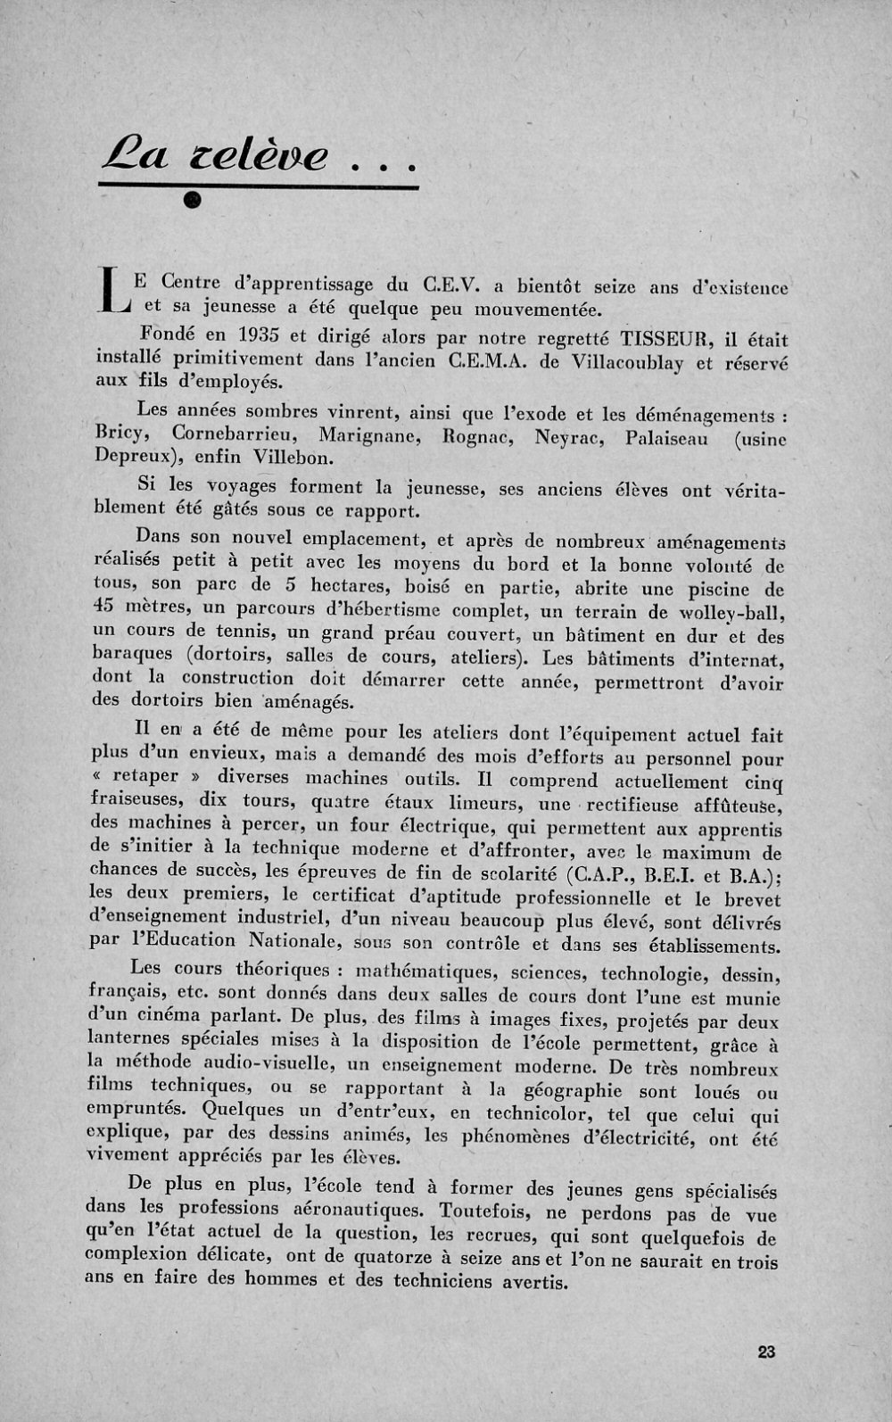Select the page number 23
pyautogui.click(x=766, y=1352)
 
